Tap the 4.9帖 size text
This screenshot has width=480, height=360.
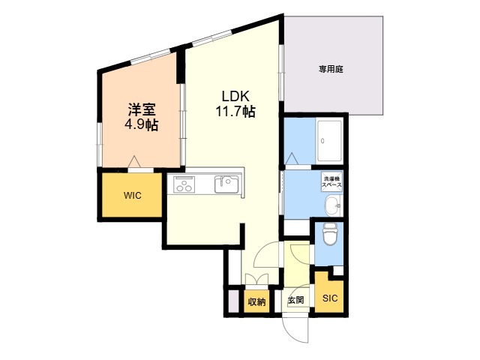click(141, 124)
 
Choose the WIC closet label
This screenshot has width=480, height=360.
click(132, 196)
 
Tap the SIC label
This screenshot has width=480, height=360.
click(330, 298)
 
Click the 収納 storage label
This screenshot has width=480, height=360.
click(256, 302)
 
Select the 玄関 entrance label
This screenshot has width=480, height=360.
click(295, 301)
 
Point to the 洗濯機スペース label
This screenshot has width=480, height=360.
click(331, 182)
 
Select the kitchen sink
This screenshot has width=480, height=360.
click(226, 184)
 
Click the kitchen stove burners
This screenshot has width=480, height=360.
click(184, 184)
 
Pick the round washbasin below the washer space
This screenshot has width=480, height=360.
click(331, 205)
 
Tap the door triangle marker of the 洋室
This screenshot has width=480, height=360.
click(134, 160)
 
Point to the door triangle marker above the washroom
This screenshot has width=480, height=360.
click(292, 158)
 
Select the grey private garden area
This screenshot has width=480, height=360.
click(334, 67)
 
